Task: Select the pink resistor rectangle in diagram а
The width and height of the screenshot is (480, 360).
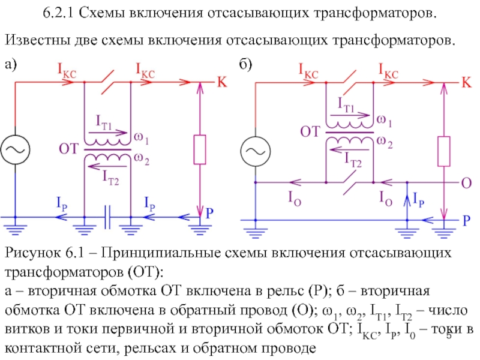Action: (199, 150)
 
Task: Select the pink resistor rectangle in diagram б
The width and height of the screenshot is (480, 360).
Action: (445, 151)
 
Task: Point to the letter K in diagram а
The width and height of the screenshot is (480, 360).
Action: (221, 83)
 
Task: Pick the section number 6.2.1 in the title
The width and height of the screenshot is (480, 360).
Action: (61, 13)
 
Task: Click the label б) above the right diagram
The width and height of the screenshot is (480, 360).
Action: (245, 64)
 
